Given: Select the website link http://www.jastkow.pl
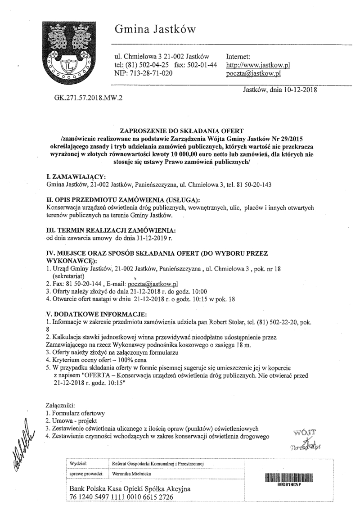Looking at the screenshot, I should pyautogui.click(x=257, y=65).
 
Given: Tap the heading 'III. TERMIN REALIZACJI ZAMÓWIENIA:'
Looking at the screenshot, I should pyautogui.click(x=105, y=230).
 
